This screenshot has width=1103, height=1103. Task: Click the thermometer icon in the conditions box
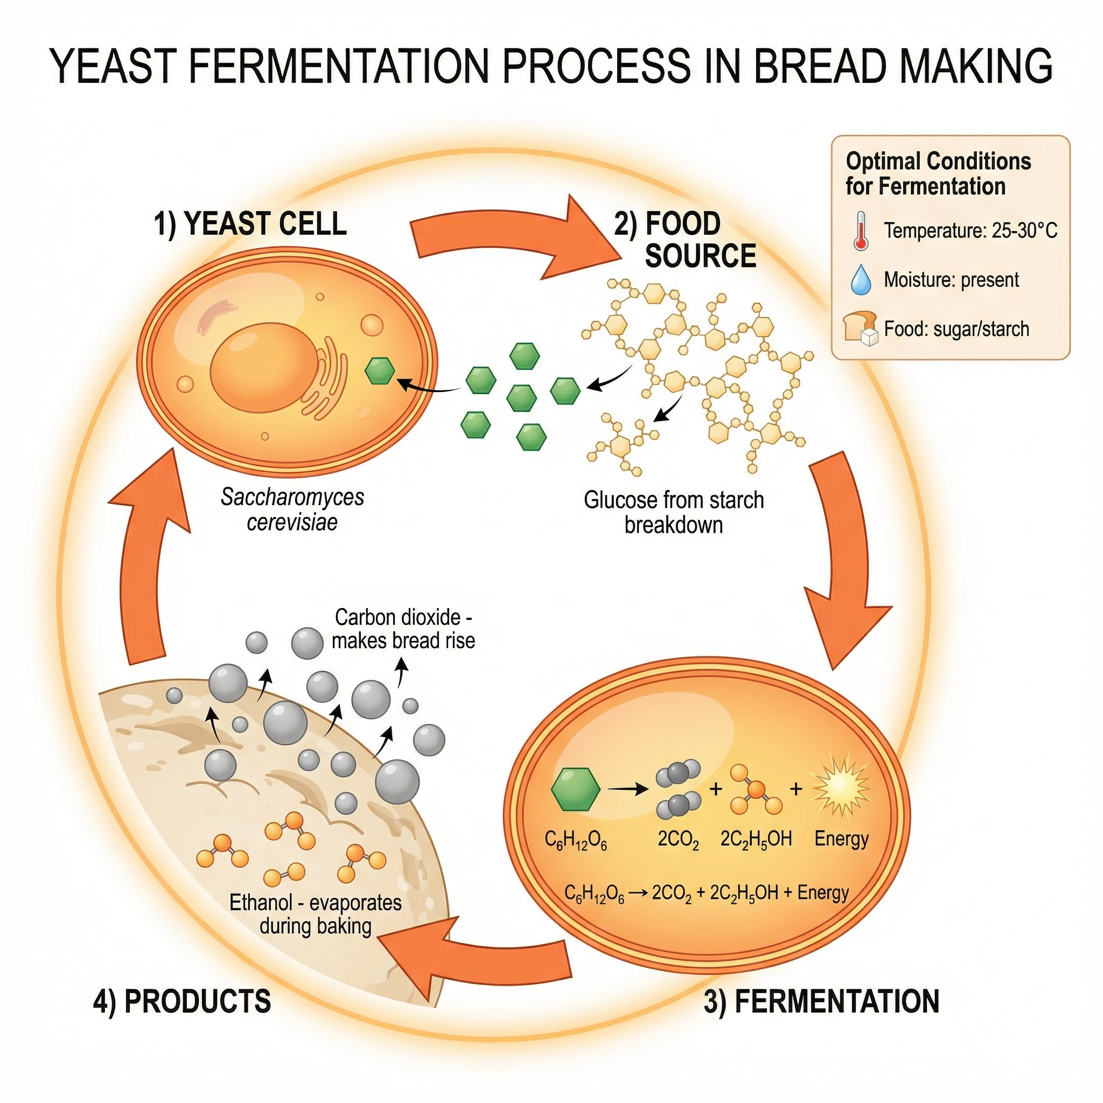coord(860,231)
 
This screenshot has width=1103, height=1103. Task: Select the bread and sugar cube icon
coord(860,329)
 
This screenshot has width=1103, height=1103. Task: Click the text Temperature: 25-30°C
coord(970,231)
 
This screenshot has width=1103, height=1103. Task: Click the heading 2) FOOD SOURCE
coord(685,239)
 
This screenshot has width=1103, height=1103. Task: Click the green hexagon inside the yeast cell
coord(380,371)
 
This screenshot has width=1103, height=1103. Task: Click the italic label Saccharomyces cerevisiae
coord(292,509)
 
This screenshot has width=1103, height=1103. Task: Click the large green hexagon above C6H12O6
coord(576,789)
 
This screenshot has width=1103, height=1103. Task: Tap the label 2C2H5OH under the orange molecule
coord(756,839)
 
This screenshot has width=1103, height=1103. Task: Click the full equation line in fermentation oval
coord(706,893)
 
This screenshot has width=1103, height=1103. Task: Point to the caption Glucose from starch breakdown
coord(674,512)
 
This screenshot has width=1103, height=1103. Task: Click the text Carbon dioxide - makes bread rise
coord(403,629)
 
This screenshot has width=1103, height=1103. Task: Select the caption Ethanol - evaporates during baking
coord(315,914)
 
